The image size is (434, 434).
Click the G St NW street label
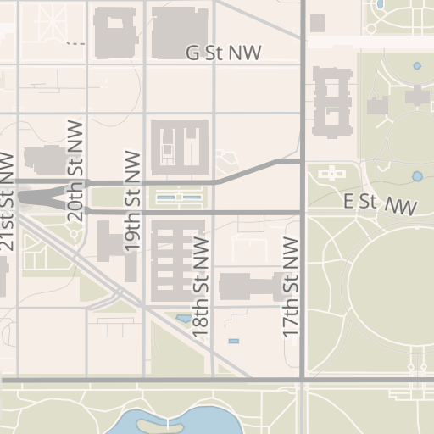(224, 53)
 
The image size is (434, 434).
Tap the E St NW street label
(381, 203)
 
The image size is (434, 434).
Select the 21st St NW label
(8, 202)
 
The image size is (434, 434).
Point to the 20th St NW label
(76, 176)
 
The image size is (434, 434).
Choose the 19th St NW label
(131, 201)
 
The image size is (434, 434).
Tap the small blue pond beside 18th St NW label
(183, 320)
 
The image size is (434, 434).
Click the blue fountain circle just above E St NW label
(416, 176)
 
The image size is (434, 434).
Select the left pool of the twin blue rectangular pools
(166, 198)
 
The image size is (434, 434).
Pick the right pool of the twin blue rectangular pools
(192, 198)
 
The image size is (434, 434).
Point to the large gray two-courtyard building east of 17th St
(331, 101)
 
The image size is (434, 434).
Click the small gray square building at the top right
(317, 23)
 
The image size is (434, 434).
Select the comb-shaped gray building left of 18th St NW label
(177, 259)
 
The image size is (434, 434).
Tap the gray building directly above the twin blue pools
(179, 143)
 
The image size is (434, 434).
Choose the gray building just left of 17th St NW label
(249, 286)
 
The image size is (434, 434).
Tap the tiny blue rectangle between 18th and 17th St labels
(233, 341)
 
